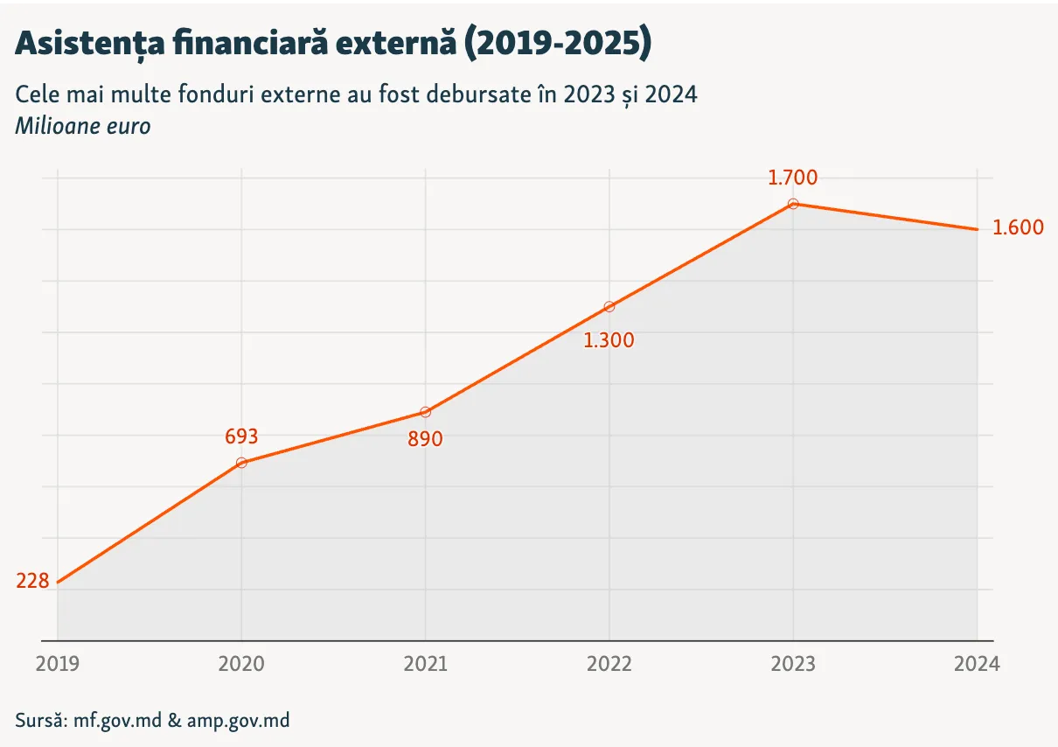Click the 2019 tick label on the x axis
point(58,664)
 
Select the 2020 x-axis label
point(241,664)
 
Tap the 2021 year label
point(425,664)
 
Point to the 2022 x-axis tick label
point(609,664)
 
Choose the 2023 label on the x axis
point(793,664)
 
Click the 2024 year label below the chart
point(977,664)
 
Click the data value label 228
point(32,581)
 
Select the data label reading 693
point(241,436)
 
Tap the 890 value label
point(425,439)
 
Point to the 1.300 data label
point(609,340)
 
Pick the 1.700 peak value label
point(792,178)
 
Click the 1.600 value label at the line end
point(1018,227)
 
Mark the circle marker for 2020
point(241,463)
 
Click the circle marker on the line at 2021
point(425,412)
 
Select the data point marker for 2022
point(609,307)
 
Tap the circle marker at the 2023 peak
point(793,204)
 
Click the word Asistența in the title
point(90,44)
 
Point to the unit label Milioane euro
point(83,126)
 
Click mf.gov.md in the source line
point(118,721)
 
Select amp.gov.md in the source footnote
point(238,721)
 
